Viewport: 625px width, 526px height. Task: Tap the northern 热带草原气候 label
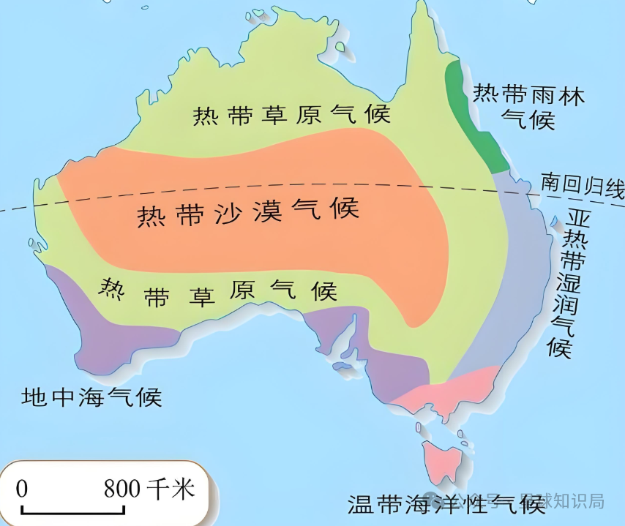pos(291,115)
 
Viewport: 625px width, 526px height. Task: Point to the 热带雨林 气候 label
pos(528,106)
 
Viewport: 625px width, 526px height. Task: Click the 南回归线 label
pos(581,182)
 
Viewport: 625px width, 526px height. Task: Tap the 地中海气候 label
pos(91,397)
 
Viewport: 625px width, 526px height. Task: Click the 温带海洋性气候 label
pos(446,504)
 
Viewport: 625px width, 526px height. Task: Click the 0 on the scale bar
pos(22,488)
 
